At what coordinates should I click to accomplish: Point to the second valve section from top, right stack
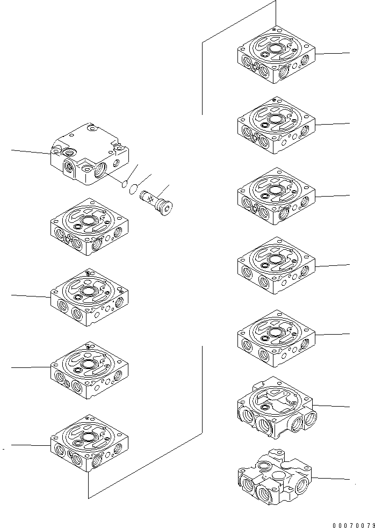tap(276, 126)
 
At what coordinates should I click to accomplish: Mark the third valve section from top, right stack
tap(276, 197)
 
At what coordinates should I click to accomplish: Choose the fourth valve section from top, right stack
tap(276, 266)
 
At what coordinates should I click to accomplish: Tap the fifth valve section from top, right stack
tap(276, 336)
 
